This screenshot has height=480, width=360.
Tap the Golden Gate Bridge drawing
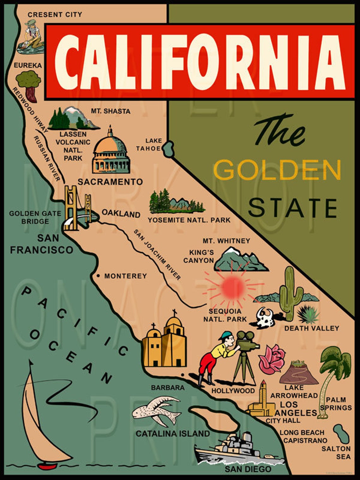pyautogui.click(x=77, y=207)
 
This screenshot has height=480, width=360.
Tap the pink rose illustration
pyautogui.click(x=271, y=358)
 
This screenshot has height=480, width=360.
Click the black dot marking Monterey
pyautogui.click(x=98, y=276)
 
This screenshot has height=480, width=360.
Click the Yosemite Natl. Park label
pyautogui.click(x=189, y=220)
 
